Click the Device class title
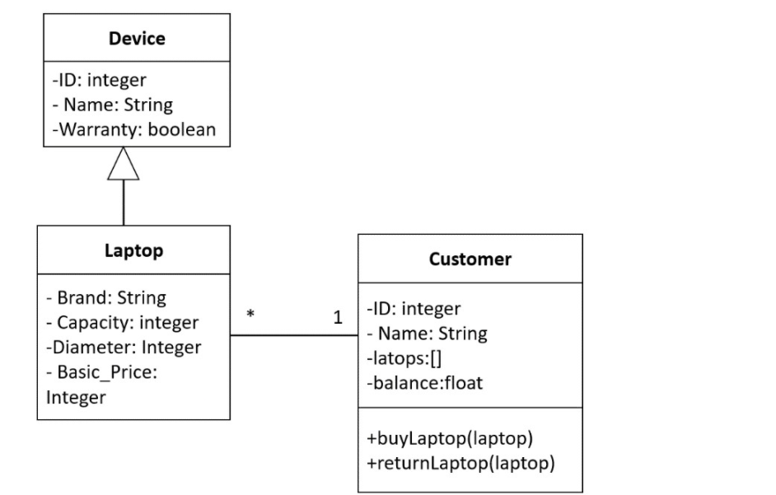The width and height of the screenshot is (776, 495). [137, 39]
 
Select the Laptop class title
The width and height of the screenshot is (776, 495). [133, 250]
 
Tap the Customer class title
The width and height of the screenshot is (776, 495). [470, 259]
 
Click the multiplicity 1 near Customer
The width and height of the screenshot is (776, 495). [338, 318]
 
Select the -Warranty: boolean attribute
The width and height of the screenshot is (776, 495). [133, 129]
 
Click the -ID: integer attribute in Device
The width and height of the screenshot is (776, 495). [99, 81]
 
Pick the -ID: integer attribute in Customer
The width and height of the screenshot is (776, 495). [414, 309]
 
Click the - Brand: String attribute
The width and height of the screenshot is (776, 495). [106, 297]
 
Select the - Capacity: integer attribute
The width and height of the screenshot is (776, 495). [123, 322]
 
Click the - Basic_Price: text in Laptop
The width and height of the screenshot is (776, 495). [102, 372]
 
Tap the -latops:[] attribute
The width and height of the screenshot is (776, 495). [399, 358]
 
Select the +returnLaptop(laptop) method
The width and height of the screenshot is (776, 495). [460, 463]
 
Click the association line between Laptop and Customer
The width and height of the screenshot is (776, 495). [294, 335]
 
